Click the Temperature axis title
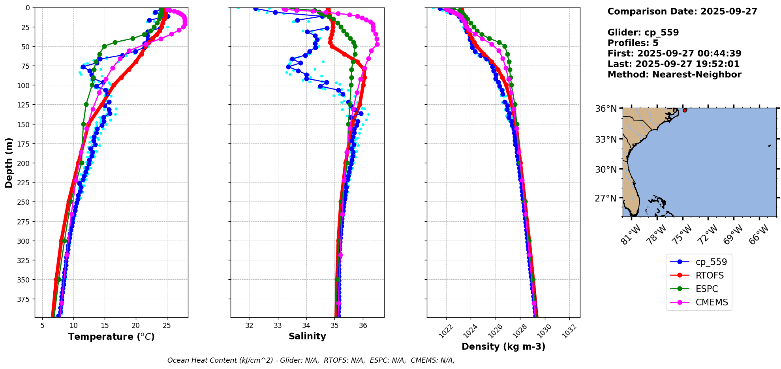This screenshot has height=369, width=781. coord(111,337)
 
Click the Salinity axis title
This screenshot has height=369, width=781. coord(307,337)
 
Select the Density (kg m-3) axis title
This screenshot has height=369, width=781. coord(503,347)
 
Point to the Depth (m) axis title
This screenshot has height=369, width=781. coord(9,162)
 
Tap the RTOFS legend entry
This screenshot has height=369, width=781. coord(709,276)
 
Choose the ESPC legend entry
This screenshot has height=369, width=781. coord(706,289)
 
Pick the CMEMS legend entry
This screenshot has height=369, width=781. coord(712,303)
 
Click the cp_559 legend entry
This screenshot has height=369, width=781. coord(711,262)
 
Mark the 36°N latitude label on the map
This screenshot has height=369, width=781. coord(606,109)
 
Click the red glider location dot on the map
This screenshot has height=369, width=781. coord(685,110)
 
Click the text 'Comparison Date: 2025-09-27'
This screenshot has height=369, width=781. coord(682,11)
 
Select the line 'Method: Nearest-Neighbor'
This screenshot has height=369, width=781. coord(674,75)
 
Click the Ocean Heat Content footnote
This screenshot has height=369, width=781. coord(311,360)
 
